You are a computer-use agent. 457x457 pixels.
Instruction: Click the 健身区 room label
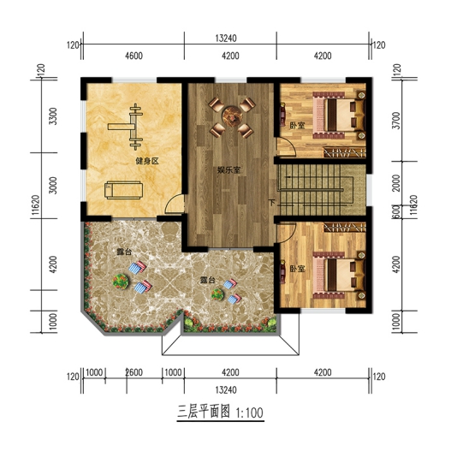(147, 161)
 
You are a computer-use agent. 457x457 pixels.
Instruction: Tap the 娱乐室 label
(228, 170)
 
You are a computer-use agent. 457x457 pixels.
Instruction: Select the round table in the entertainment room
(232, 117)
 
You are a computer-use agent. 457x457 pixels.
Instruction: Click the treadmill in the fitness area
(123, 190)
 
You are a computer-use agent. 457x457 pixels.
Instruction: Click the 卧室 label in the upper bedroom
(297, 126)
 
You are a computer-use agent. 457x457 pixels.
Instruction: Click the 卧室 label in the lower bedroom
(297, 269)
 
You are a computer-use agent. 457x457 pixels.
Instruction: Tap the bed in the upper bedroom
(339, 116)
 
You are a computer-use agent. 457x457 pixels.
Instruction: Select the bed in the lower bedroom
(339, 276)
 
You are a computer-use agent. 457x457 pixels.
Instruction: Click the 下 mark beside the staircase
(272, 202)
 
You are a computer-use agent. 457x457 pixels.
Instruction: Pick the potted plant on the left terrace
(121, 282)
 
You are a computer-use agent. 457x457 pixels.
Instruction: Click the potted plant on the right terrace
(217, 294)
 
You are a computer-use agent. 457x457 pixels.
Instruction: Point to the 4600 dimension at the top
(134, 56)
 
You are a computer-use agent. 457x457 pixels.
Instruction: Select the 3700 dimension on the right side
(396, 121)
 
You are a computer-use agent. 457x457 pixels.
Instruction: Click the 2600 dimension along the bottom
(134, 372)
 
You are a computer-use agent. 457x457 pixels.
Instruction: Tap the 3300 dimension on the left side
(53, 116)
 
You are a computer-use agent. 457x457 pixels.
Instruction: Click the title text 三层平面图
(204, 412)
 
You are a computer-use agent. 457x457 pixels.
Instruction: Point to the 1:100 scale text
(250, 413)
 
